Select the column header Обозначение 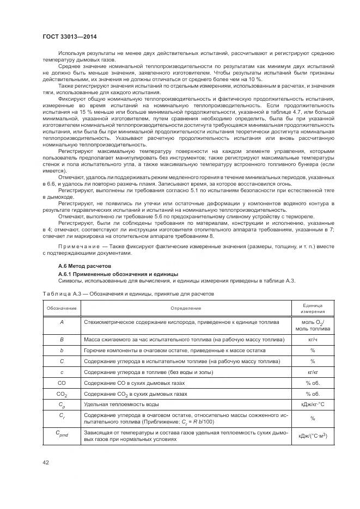[62, 309]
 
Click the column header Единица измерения [313, 309]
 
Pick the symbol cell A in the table [62, 322]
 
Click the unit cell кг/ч [313, 339]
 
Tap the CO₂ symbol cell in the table [62, 394]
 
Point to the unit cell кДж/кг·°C [313, 404]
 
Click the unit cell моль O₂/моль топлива [313, 326]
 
